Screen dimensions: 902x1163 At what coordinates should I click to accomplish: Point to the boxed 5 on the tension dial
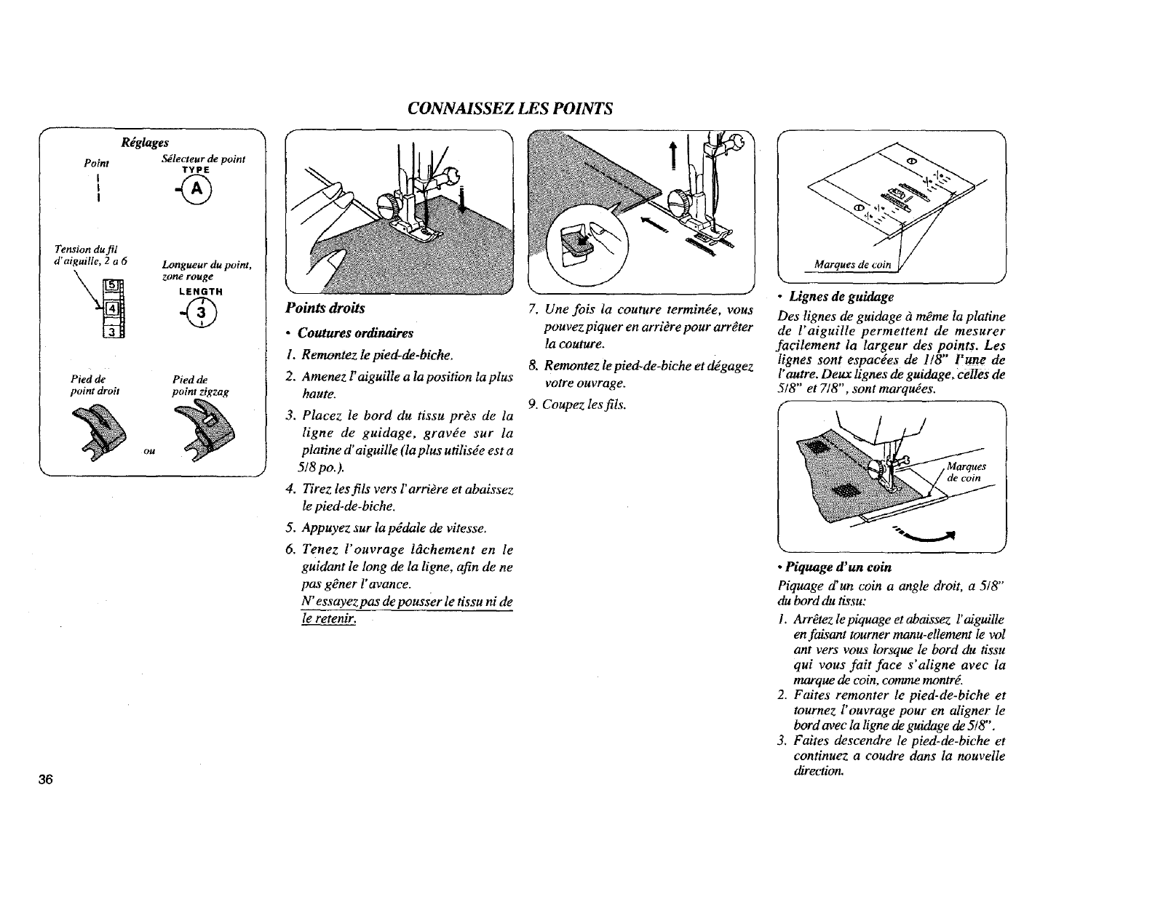point(114,285)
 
